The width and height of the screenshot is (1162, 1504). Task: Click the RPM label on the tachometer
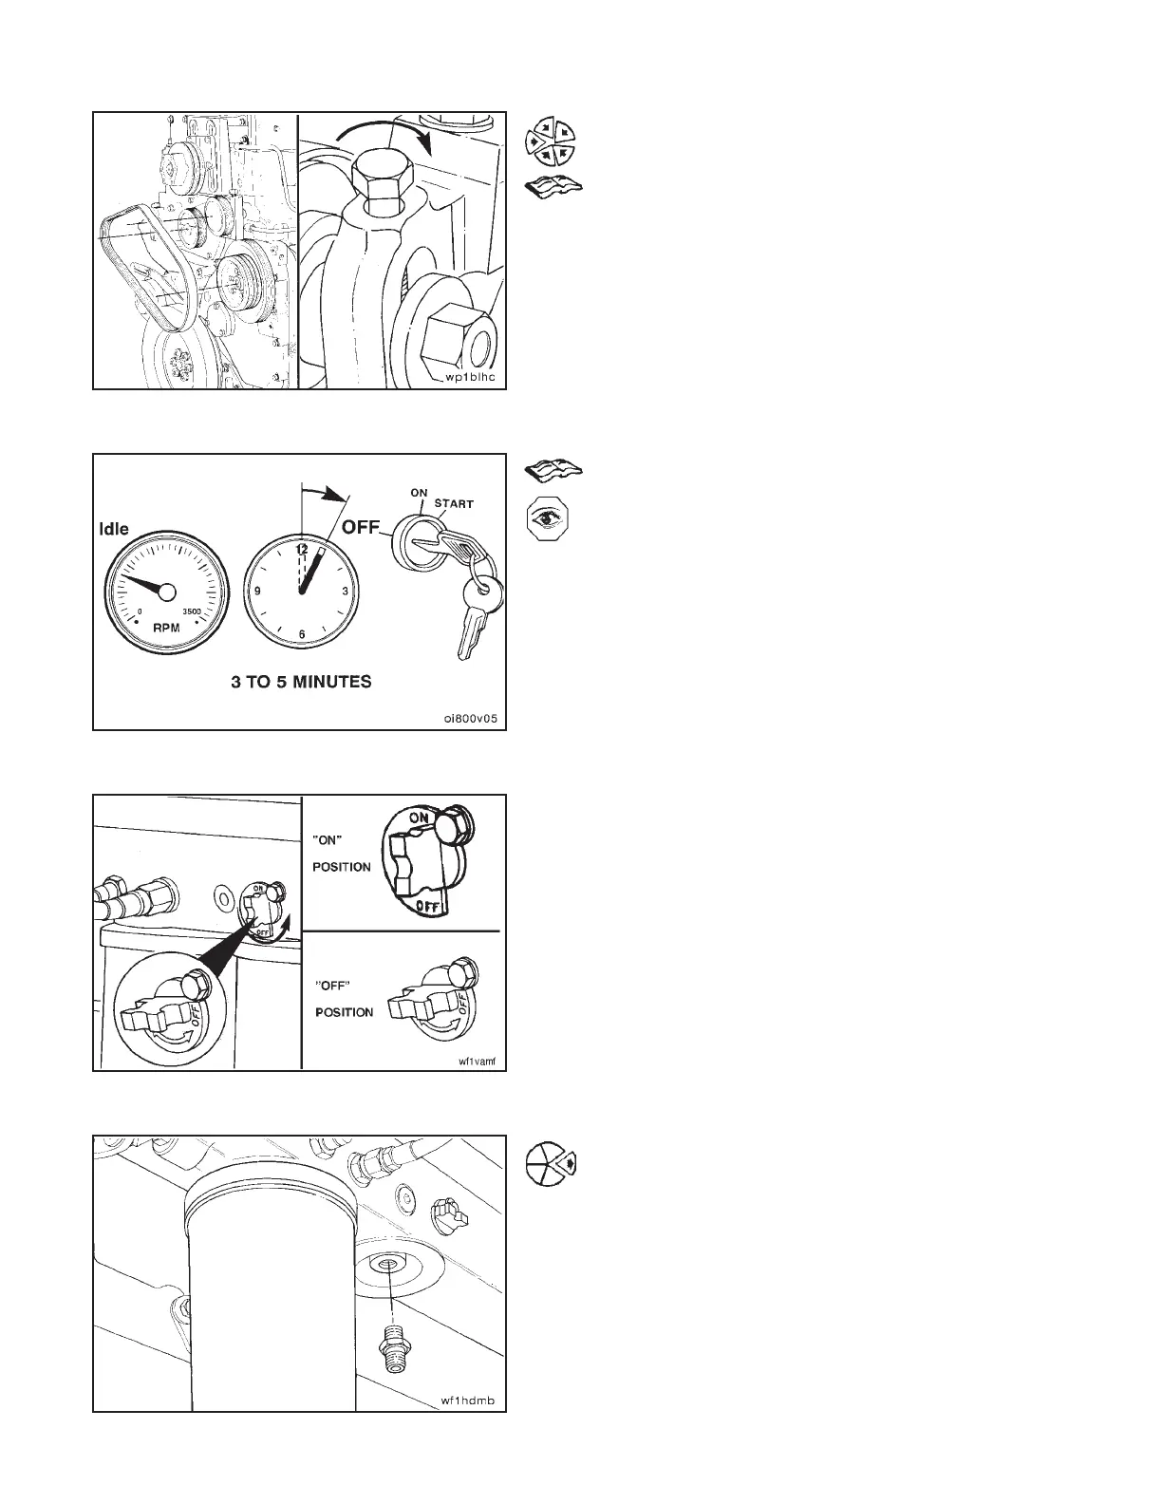click(x=167, y=628)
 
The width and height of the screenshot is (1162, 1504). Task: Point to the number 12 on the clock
click(x=302, y=549)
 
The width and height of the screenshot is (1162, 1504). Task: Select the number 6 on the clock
click(x=302, y=634)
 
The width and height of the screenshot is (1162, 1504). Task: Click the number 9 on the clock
click(x=257, y=592)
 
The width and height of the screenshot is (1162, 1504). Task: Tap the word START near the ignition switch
click(x=455, y=503)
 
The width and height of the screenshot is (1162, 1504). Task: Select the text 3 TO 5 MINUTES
click(x=301, y=682)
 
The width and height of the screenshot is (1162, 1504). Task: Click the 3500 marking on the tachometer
click(x=194, y=611)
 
